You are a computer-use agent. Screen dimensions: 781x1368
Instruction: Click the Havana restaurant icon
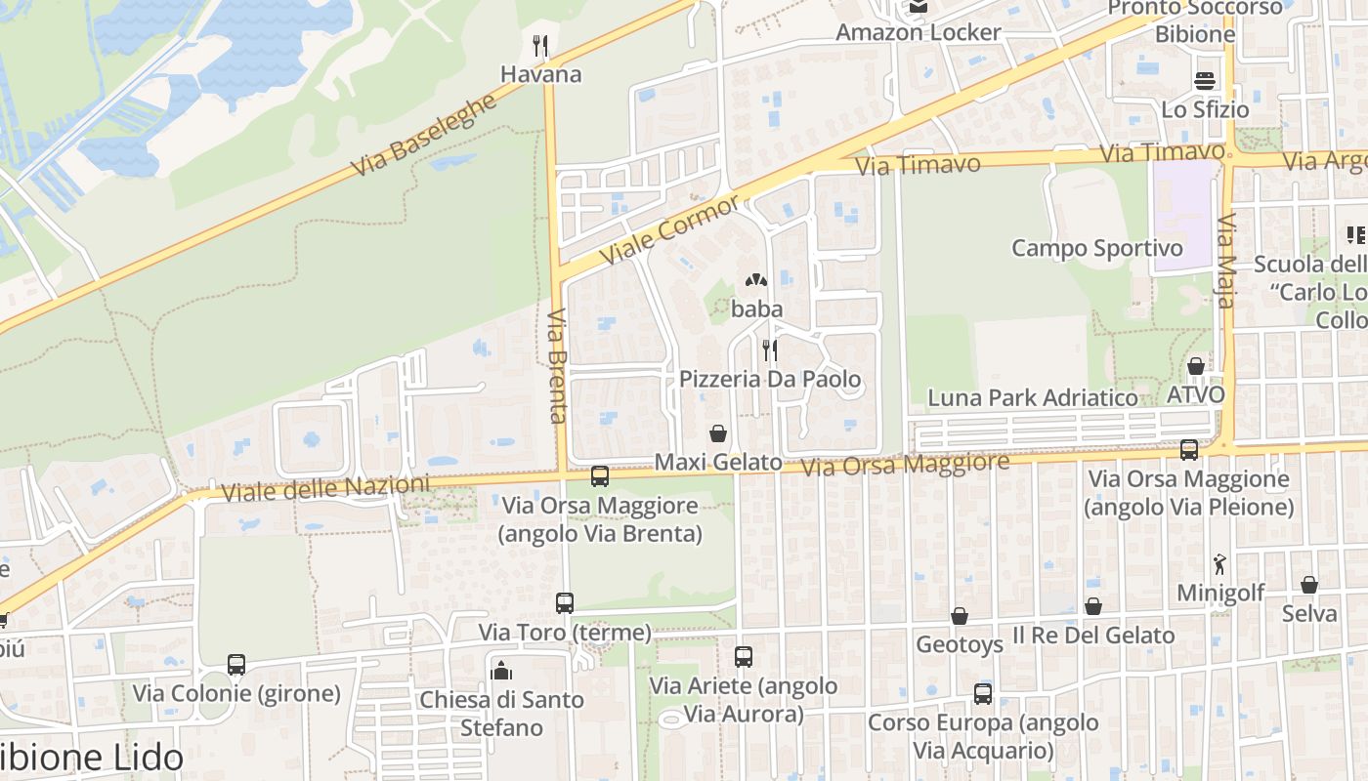(539, 45)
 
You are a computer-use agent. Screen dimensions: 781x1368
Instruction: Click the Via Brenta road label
(557, 366)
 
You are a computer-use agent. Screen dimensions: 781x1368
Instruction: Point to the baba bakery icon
(756, 281)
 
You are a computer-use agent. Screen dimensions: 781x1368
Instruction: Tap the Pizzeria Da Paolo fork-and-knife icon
(770, 349)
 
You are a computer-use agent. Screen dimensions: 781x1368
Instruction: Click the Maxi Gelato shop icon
(718, 433)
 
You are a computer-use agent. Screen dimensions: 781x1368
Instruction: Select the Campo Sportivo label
(1096, 248)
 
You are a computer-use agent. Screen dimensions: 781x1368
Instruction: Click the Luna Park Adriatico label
(1033, 397)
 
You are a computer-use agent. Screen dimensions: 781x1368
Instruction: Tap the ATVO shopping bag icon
(1195, 367)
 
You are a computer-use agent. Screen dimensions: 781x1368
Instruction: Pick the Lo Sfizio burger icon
(1205, 80)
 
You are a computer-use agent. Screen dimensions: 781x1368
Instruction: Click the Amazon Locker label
(918, 32)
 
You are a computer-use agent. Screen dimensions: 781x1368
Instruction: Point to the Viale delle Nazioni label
(325, 488)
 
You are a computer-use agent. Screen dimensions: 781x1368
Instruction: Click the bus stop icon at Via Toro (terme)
(565, 603)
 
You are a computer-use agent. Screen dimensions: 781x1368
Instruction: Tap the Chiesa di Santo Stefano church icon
(501, 670)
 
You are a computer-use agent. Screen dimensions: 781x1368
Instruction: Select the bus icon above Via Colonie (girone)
(236, 665)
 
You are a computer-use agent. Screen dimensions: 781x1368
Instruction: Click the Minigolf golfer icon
(1219, 563)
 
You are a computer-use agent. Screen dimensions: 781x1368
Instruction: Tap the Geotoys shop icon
(960, 616)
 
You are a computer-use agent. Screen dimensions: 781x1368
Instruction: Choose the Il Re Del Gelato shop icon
(1093, 606)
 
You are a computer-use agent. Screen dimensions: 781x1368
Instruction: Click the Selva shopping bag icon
(1309, 585)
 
